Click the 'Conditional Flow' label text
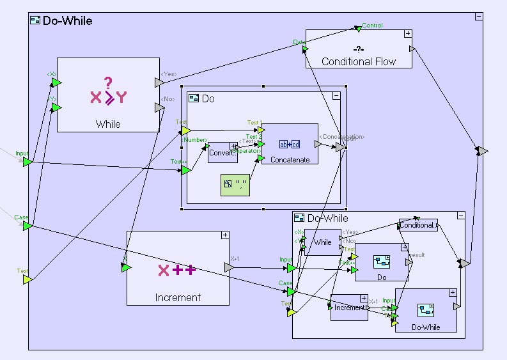coord(359,61)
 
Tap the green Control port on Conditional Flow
coord(359,28)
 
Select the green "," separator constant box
coord(235,185)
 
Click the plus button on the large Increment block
coord(224,235)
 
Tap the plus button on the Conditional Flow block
coord(407,34)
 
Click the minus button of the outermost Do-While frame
coord(478,17)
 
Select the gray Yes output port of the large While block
coord(159,82)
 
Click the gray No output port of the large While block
coord(159,107)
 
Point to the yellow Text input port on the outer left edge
coord(27,279)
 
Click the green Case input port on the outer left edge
coord(27,226)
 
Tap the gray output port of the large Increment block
coord(230,267)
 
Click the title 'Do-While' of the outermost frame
coord(67,21)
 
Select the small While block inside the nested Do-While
coord(323,242)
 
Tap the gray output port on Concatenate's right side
coord(318,144)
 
